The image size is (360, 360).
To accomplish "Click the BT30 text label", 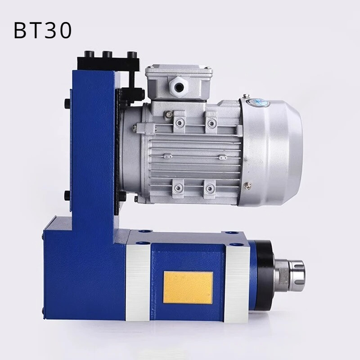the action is [43, 30].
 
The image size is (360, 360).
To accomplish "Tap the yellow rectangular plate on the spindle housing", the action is [188, 288].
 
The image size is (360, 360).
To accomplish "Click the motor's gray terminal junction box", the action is [179, 83].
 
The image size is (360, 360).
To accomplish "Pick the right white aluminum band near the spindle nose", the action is [237, 282].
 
